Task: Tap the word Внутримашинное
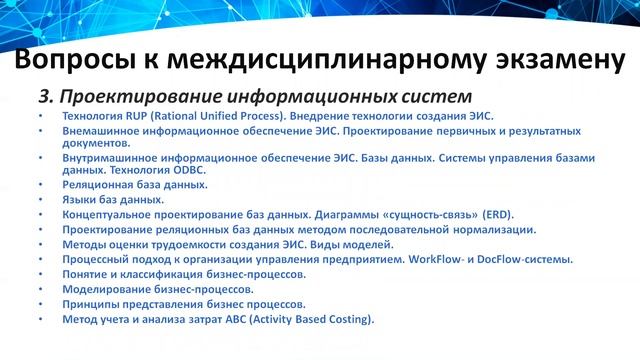click(x=108, y=159)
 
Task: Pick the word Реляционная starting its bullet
click(x=97, y=186)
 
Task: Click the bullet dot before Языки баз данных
click(x=39, y=200)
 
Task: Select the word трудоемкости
click(x=189, y=244)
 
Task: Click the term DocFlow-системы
click(x=524, y=259)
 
